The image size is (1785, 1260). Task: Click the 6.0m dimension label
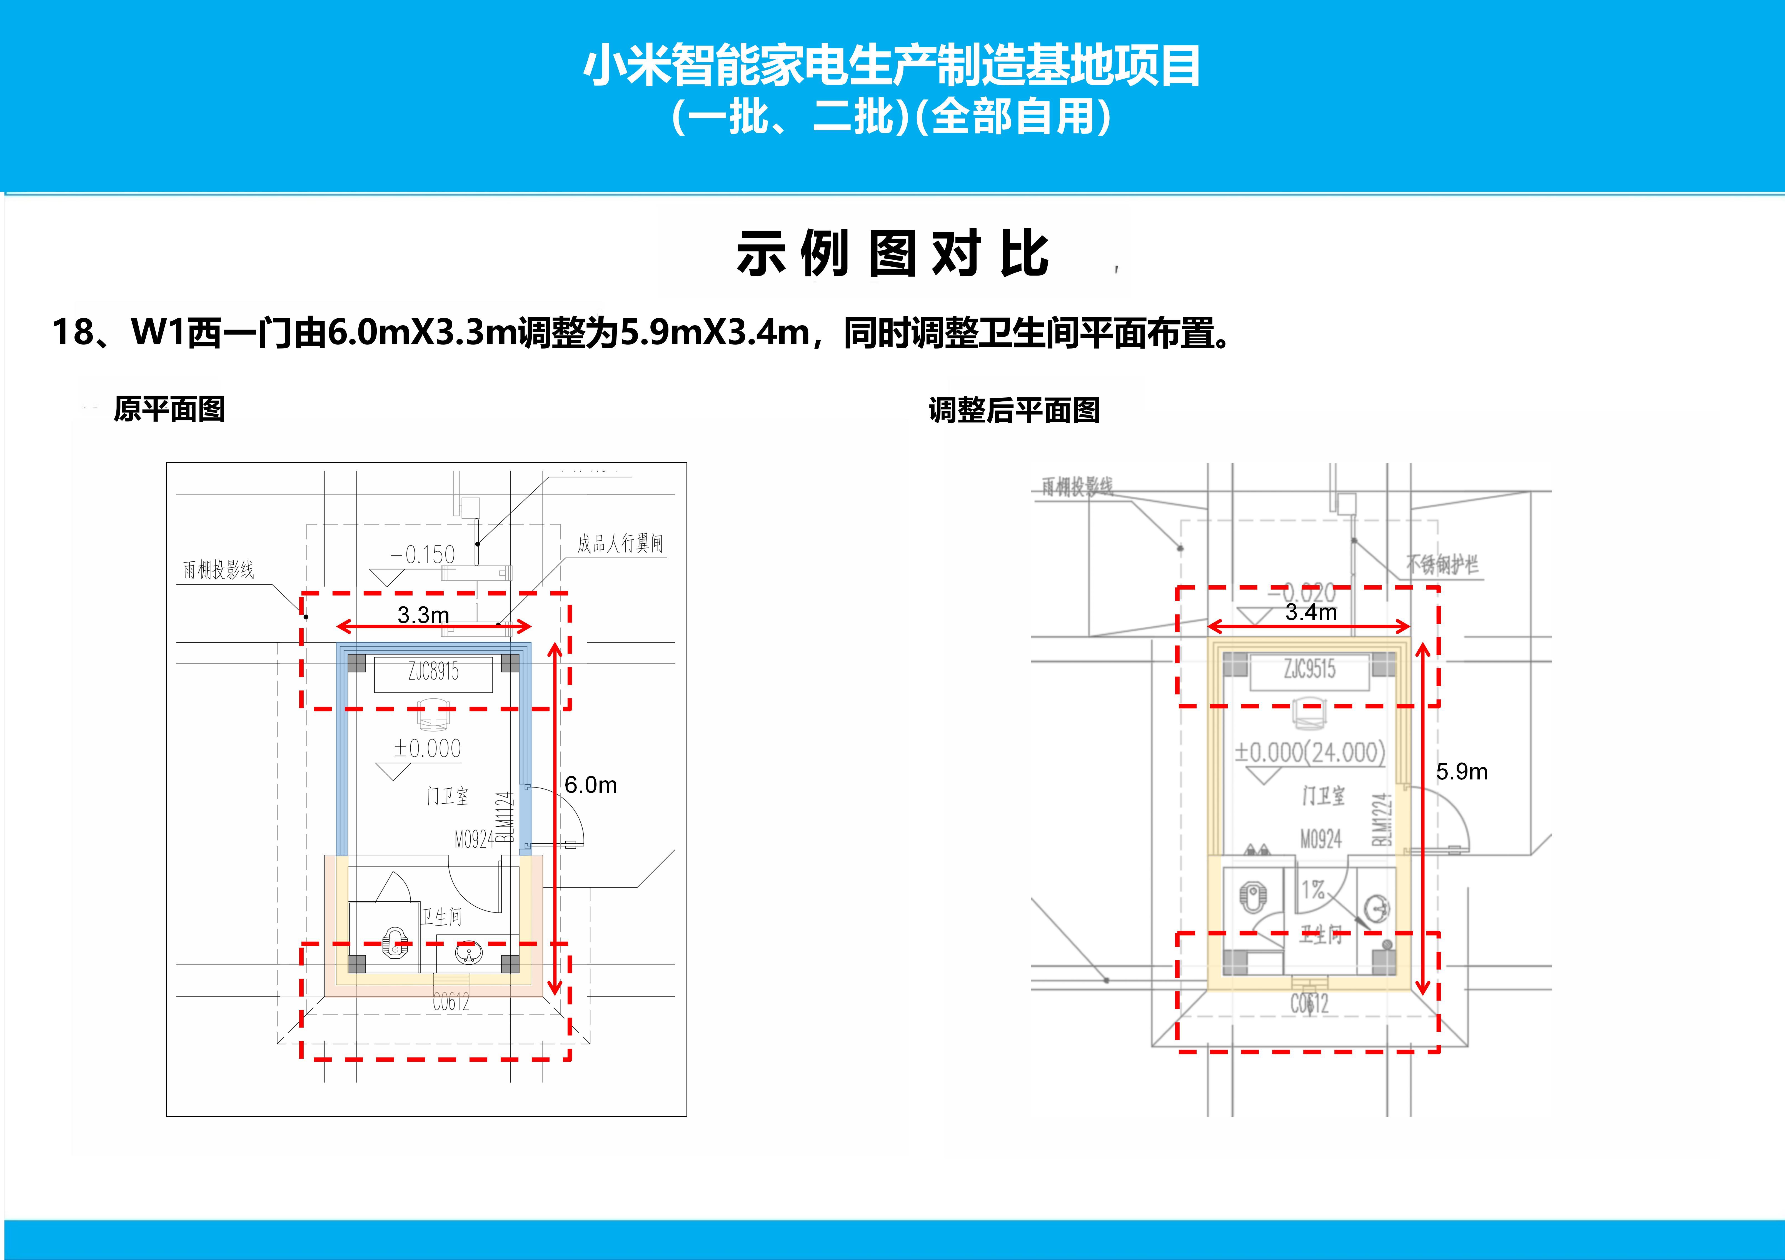[591, 785]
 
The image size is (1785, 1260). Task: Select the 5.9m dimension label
[1462, 772]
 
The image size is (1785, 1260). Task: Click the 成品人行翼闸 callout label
[620, 543]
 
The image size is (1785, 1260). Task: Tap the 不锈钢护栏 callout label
[1442, 564]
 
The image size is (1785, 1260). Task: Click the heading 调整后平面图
[1015, 410]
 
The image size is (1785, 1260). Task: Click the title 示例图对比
[892, 254]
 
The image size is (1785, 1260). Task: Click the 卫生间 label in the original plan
[441, 917]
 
